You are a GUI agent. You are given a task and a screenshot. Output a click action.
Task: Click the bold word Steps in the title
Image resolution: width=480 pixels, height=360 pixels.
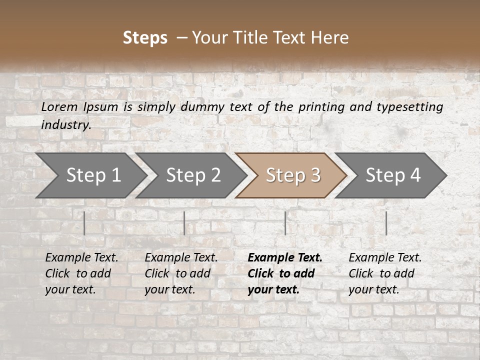coord(145,38)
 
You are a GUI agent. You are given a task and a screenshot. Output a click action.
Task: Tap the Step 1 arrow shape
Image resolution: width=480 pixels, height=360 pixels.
coord(92,175)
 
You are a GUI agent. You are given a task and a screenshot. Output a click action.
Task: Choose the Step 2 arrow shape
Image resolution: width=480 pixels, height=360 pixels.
coord(192,175)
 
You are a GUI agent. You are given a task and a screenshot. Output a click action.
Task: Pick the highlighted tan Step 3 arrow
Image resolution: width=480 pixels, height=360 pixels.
coord(292,175)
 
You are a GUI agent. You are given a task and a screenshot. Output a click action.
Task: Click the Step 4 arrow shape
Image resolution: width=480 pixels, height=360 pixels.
coord(392,175)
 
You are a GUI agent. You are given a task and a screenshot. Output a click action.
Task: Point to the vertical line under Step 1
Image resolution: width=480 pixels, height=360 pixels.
coord(84,223)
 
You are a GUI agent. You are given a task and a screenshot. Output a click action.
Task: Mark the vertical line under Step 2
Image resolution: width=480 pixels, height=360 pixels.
coord(184,223)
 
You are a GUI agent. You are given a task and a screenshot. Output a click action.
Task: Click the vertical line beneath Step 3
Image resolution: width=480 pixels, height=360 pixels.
coord(285,223)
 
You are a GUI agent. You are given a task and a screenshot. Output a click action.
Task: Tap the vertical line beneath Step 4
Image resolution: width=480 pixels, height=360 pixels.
coord(386,223)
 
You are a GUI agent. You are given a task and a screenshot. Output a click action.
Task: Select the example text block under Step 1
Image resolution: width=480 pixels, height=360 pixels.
coord(81,273)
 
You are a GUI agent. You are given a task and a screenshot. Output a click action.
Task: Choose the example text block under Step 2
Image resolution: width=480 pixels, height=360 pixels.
coord(181,273)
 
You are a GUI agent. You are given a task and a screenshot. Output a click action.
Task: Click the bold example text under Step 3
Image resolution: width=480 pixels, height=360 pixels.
coord(285,273)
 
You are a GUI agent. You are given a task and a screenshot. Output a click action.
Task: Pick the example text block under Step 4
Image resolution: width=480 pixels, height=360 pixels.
coord(385,273)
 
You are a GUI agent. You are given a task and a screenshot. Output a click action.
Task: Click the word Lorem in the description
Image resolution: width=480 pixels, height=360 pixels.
coord(59,107)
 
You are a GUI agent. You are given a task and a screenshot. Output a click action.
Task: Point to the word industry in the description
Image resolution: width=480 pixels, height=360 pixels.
coord(66,125)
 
